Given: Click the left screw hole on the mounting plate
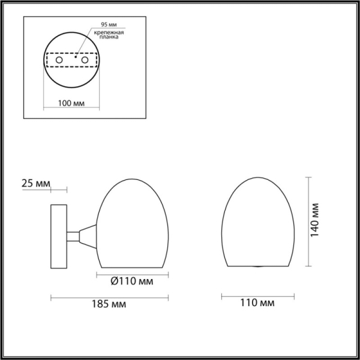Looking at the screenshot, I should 59,61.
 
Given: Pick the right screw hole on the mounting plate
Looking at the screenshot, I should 85,61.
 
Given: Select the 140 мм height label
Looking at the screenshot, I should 318,221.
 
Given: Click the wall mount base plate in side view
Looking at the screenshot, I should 59,236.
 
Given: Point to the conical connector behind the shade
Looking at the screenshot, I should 87,236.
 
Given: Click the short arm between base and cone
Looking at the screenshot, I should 72,236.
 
